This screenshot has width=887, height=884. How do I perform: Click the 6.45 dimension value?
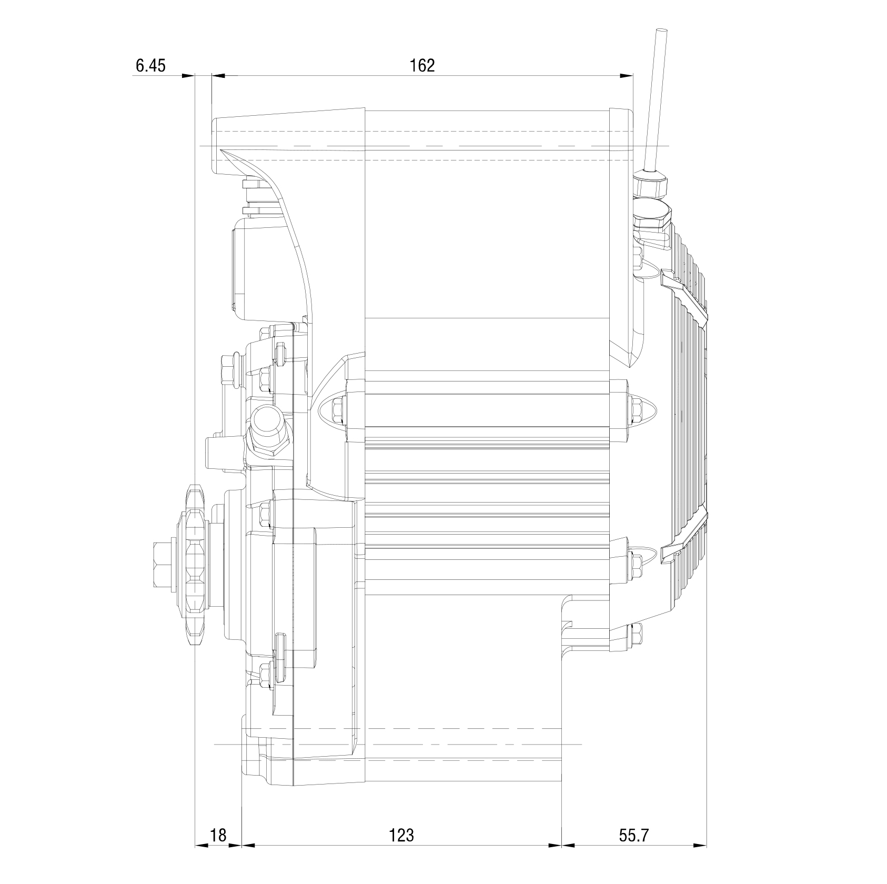150,66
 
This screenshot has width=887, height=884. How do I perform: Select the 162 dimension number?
422,66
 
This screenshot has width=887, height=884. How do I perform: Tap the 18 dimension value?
218,835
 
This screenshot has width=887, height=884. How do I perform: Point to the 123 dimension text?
401,835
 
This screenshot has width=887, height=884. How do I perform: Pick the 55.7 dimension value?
633,835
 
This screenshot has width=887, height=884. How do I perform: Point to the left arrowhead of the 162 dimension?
218,76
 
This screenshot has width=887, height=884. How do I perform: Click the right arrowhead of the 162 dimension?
627,76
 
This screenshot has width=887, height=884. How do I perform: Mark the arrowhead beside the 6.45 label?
188,76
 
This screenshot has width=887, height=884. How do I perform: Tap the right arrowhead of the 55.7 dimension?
700,846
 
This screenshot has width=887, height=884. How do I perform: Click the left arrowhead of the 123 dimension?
248,846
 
